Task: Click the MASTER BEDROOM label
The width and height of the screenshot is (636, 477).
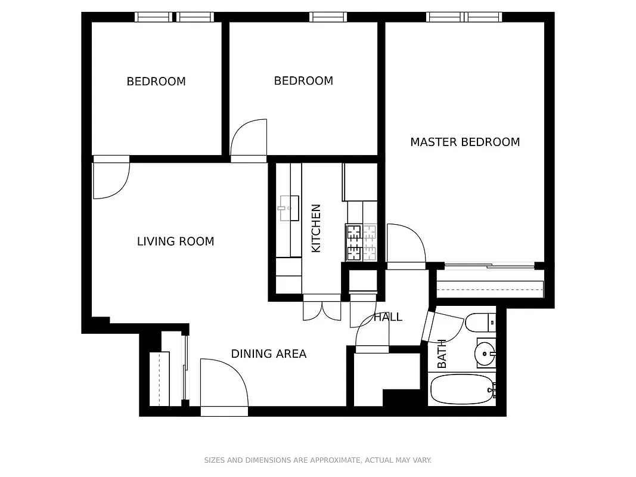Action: (x=465, y=142)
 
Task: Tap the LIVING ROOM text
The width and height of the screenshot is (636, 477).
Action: (x=175, y=241)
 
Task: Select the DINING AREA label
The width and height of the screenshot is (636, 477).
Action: (x=268, y=354)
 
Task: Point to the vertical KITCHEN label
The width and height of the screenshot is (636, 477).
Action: (x=317, y=228)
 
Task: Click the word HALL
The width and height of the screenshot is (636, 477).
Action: (x=388, y=317)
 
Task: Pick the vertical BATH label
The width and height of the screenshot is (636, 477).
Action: (x=442, y=354)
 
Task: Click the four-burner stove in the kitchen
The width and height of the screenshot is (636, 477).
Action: (x=361, y=242)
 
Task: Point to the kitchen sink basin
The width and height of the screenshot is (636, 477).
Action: (x=288, y=208)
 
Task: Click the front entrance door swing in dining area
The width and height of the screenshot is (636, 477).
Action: (x=224, y=385)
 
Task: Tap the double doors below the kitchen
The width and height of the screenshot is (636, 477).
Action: (x=322, y=308)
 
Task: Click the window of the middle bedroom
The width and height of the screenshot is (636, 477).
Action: (x=328, y=17)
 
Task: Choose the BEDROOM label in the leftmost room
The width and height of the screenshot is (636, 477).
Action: (x=156, y=82)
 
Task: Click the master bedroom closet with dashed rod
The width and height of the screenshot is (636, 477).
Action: (x=490, y=289)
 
